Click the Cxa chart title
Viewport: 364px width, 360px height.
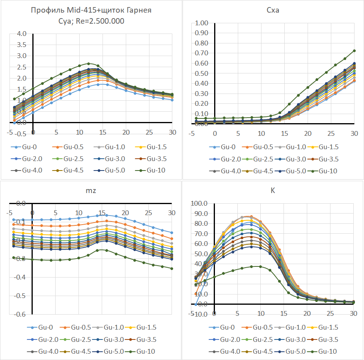[x=273, y=10]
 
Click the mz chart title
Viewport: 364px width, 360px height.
[x=91, y=191]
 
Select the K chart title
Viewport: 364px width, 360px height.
[x=273, y=191]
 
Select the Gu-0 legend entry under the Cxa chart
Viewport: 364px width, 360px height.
[x=224, y=148]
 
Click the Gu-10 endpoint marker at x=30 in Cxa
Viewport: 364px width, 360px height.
[x=354, y=51]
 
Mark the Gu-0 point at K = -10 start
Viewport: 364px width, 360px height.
[x=196, y=304]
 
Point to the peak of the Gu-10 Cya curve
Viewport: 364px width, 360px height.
[x=89, y=63]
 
